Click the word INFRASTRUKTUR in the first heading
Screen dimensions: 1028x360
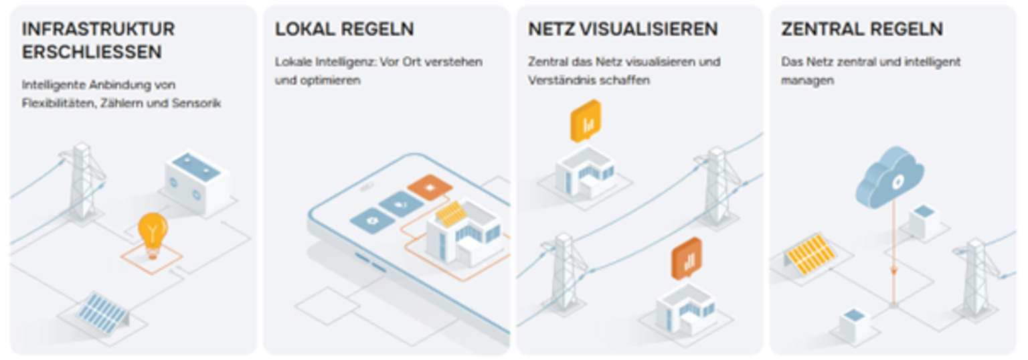(98, 29)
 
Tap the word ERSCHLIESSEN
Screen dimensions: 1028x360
(92, 52)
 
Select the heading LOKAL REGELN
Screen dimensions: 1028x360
(344, 29)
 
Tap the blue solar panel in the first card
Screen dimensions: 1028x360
(102, 312)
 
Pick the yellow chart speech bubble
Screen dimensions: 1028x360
(586, 120)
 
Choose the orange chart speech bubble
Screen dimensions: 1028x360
(687, 259)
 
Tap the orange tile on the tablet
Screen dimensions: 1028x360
(430, 187)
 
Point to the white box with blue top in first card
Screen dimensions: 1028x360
(197, 183)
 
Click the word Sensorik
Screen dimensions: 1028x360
(196, 103)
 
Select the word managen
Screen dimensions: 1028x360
(807, 81)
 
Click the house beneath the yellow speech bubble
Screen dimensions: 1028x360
(585, 172)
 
